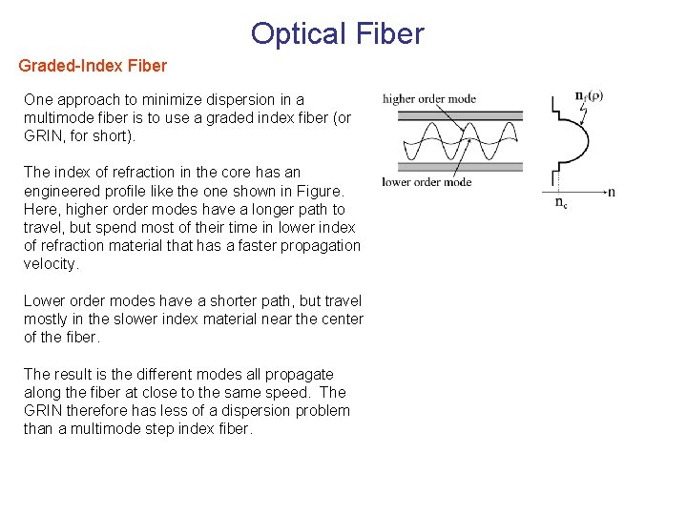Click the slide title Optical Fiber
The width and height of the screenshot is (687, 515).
tap(337, 33)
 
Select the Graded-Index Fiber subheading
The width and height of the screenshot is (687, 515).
tap(93, 66)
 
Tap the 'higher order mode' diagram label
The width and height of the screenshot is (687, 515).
tap(428, 99)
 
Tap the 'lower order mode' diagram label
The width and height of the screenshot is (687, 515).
tap(427, 182)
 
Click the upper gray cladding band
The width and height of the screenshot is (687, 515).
tap(460, 116)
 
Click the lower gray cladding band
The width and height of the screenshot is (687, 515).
tap(460, 167)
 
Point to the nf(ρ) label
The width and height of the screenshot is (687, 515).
tap(589, 96)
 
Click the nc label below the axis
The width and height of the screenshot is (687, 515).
tap(561, 202)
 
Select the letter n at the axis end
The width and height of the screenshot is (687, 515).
tap(612, 192)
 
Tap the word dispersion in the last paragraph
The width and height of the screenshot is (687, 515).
tap(247, 411)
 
